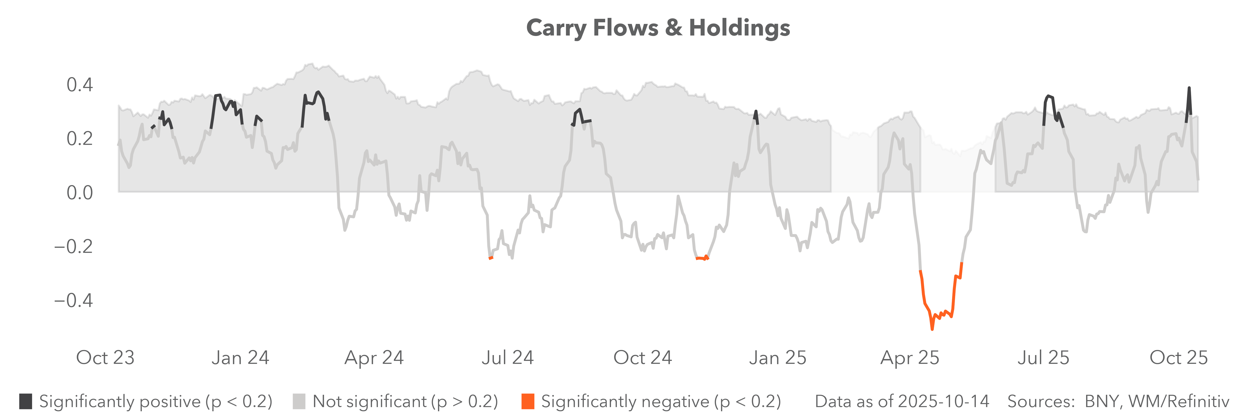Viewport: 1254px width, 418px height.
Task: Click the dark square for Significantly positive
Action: click(x=26, y=402)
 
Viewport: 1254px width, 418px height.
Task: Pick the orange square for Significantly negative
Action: click(x=528, y=402)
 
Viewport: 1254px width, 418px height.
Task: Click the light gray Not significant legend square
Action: click(x=299, y=402)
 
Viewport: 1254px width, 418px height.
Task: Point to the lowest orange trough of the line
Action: click(x=932, y=329)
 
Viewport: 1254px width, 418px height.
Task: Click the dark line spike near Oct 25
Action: click(x=1189, y=88)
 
